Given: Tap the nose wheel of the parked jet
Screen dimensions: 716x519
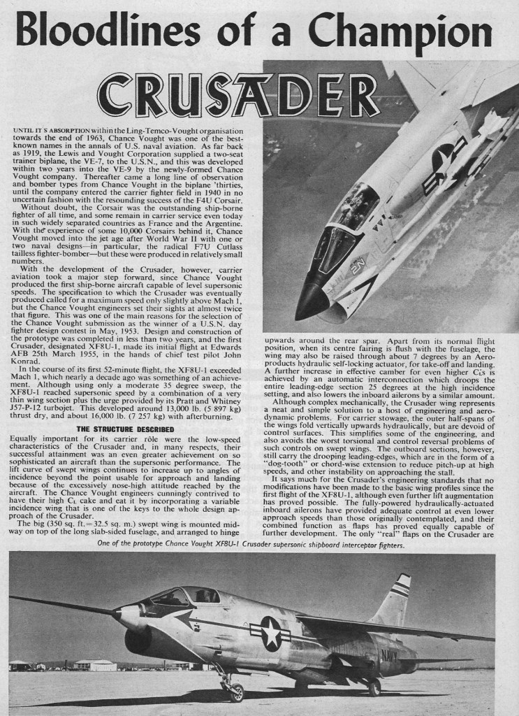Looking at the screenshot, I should click(236, 691).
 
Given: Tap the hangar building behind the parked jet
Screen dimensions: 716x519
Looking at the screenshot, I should click(94, 664).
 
